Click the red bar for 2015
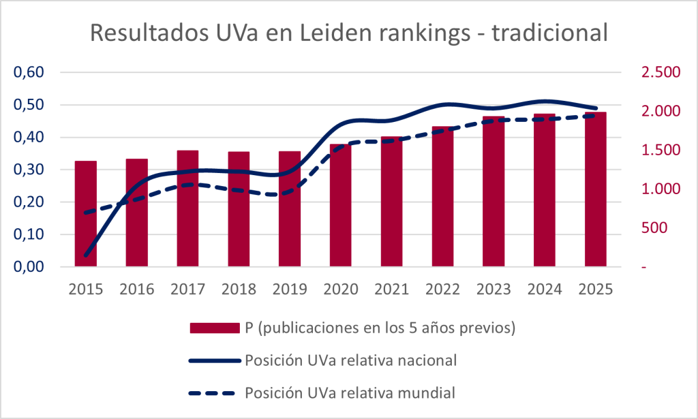coord(85,214)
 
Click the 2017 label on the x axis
coord(187,288)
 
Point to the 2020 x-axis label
coord(340,288)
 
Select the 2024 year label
coord(544,288)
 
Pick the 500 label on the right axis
coord(656,228)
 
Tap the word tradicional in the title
coord(549,33)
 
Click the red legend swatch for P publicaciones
coord(214,328)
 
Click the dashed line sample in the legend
coord(214,392)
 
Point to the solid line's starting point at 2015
coord(85,256)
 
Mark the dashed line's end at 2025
coord(595,116)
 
